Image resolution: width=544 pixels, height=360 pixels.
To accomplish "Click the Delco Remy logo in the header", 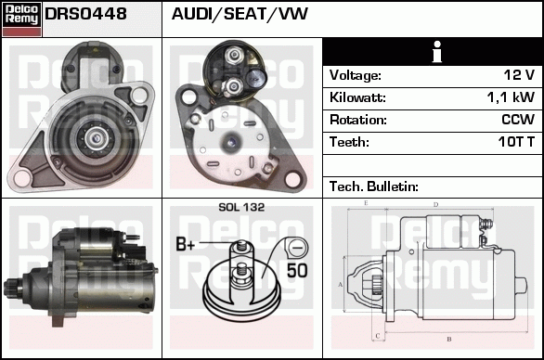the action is click(22, 19).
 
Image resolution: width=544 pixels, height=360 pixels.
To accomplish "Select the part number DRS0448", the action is click(85, 14).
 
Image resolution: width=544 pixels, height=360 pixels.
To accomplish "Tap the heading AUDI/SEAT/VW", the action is click(240, 14).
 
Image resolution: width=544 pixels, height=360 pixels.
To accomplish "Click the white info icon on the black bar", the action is click(437, 52).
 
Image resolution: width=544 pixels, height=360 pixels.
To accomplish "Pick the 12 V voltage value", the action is click(519, 75).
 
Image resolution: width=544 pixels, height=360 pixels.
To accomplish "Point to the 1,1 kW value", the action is click(511, 97).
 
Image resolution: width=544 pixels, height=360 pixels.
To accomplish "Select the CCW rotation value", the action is click(518, 120).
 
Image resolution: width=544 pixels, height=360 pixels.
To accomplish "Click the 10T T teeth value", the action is click(516, 142).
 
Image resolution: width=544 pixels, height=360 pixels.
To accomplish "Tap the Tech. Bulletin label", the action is click(374, 186).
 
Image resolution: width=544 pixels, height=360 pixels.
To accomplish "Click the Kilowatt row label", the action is click(357, 97).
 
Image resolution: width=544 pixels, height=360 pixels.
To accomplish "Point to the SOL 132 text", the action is click(241, 207).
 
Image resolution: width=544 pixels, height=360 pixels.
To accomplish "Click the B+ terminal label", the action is click(186, 244).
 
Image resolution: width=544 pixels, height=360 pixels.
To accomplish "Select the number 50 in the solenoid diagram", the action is click(297, 271).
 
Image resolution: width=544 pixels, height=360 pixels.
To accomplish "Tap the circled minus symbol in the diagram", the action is click(297, 248).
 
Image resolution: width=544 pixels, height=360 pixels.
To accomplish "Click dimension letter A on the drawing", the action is click(341, 285).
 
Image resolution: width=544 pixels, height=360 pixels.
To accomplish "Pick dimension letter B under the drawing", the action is click(449, 339).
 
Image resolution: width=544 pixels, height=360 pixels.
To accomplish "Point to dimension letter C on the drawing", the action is click(378, 336).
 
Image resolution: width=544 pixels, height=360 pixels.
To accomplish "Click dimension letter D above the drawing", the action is click(436, 205).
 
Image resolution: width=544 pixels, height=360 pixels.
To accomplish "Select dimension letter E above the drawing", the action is click(366, 203).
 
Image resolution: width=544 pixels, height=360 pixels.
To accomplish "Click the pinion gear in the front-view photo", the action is click(96, 138).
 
